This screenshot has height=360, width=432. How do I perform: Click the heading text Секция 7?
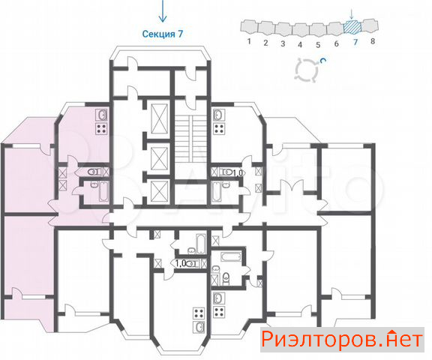point(162,34)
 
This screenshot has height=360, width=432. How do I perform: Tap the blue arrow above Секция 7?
point(163,10)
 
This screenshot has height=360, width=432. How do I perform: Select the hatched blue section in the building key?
point(352,27)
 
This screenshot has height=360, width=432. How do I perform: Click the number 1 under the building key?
point(249,41)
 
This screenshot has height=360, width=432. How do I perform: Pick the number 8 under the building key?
point(373,41)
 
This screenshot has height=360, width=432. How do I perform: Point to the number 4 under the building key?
point(300,44)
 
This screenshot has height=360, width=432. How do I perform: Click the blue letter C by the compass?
point(323,60)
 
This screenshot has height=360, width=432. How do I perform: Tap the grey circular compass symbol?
point(307,70)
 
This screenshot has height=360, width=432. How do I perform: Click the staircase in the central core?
point(190,139)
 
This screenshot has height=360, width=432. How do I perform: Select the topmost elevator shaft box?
point(160,118)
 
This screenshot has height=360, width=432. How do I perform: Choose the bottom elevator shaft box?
point(160,191)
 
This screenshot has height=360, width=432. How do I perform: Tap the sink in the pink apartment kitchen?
point(101,115)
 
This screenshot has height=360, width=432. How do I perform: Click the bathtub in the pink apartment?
point(103,191)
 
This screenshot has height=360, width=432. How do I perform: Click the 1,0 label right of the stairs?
point(238,173)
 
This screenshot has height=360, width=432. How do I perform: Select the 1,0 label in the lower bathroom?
point(181,263)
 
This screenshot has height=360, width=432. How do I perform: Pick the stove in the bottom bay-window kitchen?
point(199,313)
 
